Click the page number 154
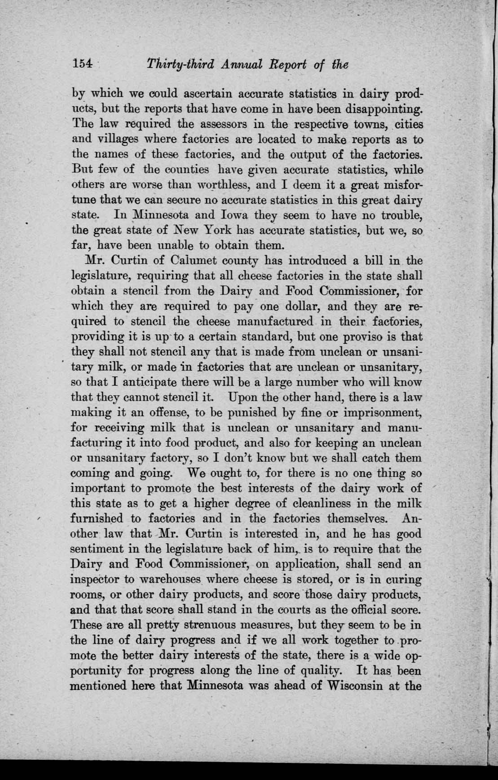(82, 65)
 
